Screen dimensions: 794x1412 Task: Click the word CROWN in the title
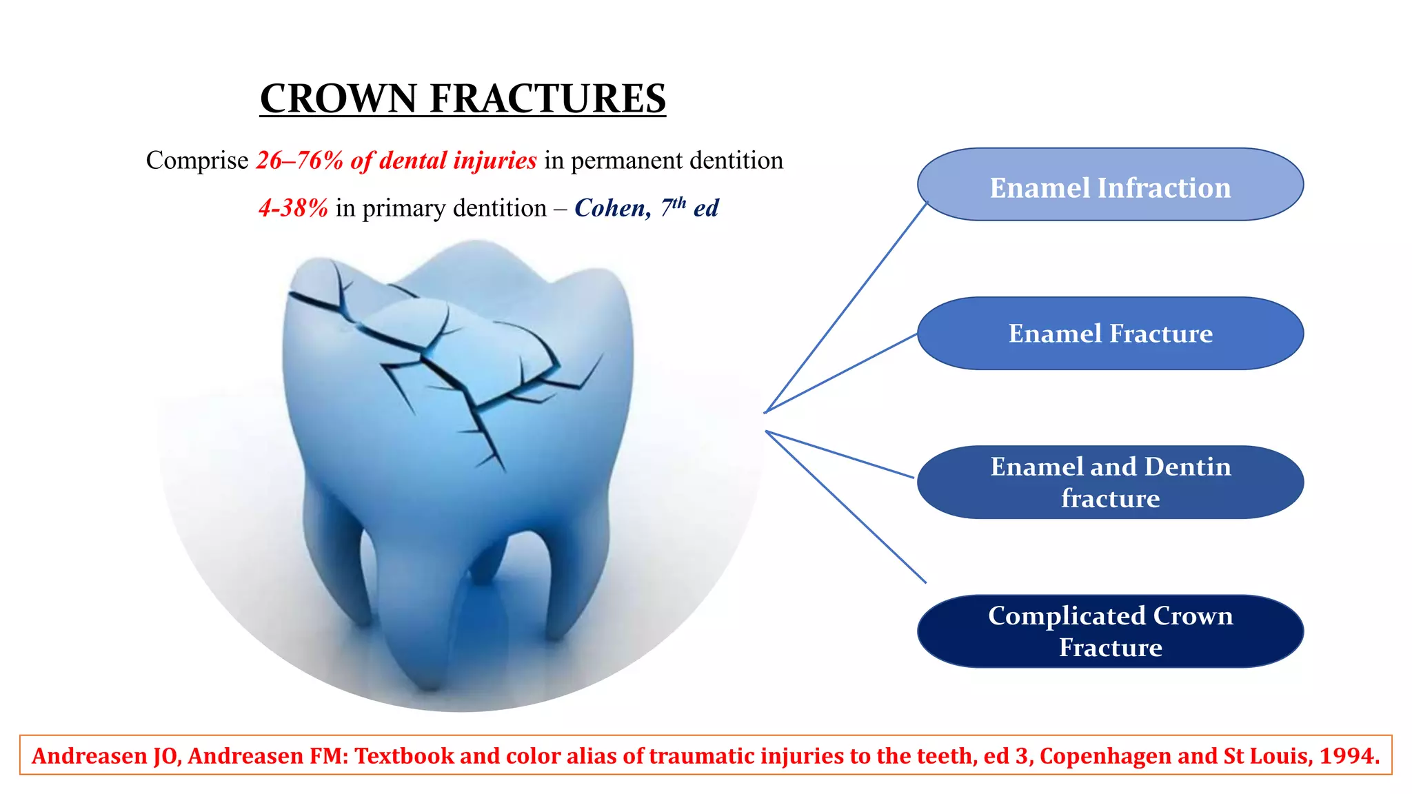[338, 98]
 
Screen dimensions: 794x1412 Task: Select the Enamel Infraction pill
[1110, 185]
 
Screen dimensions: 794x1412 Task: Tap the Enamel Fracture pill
[1110, 334]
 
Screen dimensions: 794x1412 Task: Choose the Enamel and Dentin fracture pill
[1110, 482]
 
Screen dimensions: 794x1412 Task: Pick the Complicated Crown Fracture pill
[1110, 631]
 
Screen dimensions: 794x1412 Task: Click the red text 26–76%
[299, 161]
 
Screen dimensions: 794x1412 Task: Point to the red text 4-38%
[293, 208]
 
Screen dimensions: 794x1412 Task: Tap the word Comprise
[197, 161]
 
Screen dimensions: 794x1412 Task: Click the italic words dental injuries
[458, 161]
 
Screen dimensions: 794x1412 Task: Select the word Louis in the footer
[1278, 756]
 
